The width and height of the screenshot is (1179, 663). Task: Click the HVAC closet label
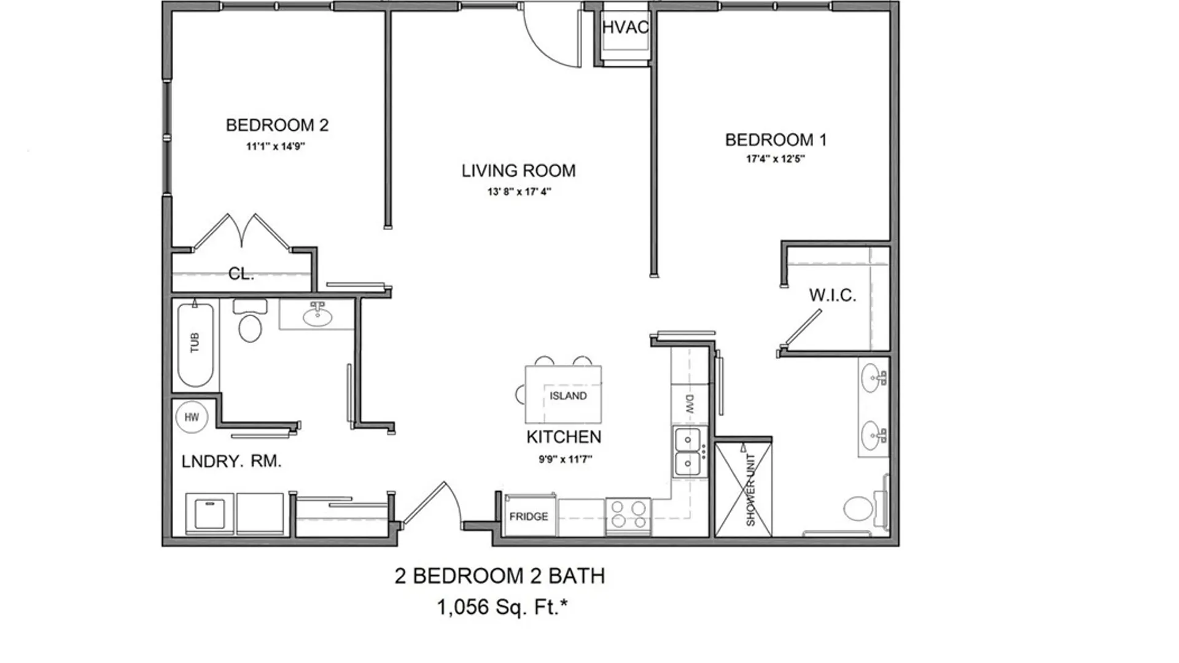(x=625, y=28)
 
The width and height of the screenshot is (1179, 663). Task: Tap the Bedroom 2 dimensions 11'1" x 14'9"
(x=276, y=147)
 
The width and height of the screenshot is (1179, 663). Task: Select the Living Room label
(x=518, y=171)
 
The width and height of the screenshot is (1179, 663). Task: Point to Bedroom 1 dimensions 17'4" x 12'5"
(x=775, y=159)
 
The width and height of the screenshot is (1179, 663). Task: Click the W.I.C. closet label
(x=832, y=295)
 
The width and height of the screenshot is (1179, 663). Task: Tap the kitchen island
(x=563, y=395)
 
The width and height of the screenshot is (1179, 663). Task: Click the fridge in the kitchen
(x=529, y=516)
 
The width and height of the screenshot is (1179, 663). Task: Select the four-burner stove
(x=628, y=514)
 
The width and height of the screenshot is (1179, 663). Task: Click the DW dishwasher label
(x=689, y=403)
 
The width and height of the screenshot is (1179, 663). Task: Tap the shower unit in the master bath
(x=744, y=490)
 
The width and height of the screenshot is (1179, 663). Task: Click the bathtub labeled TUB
(x=195, y=344)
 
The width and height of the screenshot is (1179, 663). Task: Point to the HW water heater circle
(x=192, y=417)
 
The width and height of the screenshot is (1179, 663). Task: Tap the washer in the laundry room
(x=209, y=513)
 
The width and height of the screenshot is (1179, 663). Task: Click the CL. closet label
(x=241, y=274)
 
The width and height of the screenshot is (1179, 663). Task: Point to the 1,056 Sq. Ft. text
(x=502, y=607)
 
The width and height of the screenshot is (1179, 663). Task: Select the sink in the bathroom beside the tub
(x=317, y=316)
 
